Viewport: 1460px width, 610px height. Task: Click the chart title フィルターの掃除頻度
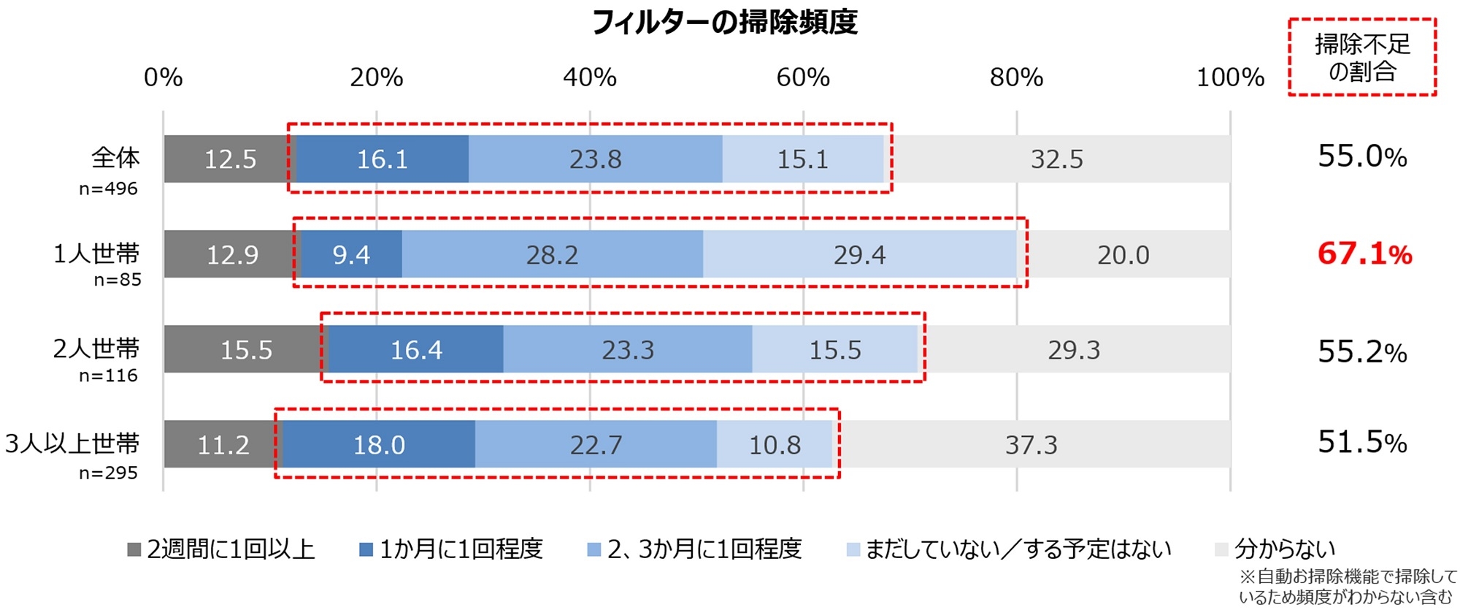tap(724, 23)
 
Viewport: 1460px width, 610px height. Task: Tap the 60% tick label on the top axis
tap(803, 77)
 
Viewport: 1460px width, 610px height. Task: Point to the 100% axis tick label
tap(1230, 77)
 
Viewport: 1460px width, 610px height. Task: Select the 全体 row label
tap(115, 158)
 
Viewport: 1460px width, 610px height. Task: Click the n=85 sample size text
tap(118, 280)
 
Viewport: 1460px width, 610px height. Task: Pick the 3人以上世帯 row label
tap(72, 443)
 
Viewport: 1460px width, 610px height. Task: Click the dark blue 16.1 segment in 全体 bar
tap(382, 159)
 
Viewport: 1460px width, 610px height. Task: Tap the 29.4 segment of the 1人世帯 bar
tap(859, 254)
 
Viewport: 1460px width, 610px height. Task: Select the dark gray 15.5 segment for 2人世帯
tap(246, 349)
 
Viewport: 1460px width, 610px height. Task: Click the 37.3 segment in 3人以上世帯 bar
tap(1031, 444)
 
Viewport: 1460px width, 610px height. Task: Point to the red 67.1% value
tap(1364, 254)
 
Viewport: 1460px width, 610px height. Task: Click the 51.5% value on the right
tap(1362, 443)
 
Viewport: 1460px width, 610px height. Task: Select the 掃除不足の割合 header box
tap(1362, 58)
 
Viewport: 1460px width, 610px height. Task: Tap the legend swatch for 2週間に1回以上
tap(134, 549)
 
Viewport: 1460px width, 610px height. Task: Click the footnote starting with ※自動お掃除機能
tap(1348, 587)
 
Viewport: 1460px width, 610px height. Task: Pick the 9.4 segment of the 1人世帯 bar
tap(351, 254)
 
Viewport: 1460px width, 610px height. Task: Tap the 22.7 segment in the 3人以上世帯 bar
tap(596, 444)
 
